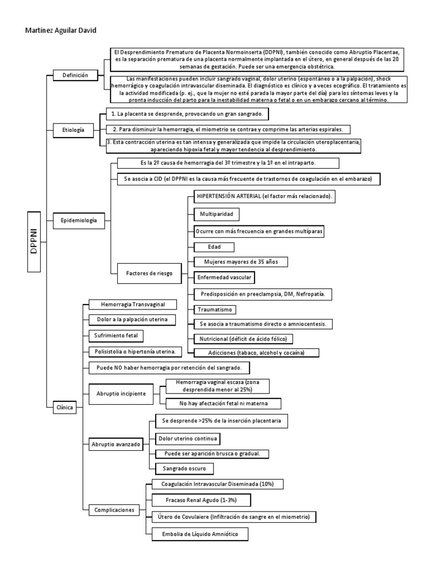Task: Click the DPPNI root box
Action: click(34, 242)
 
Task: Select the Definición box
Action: click(75, 75)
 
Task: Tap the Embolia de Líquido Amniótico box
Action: click(199, 534)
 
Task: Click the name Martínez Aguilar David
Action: click(61, 31)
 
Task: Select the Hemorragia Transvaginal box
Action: click(131, 304)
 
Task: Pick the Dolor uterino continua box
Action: click(188, 439)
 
